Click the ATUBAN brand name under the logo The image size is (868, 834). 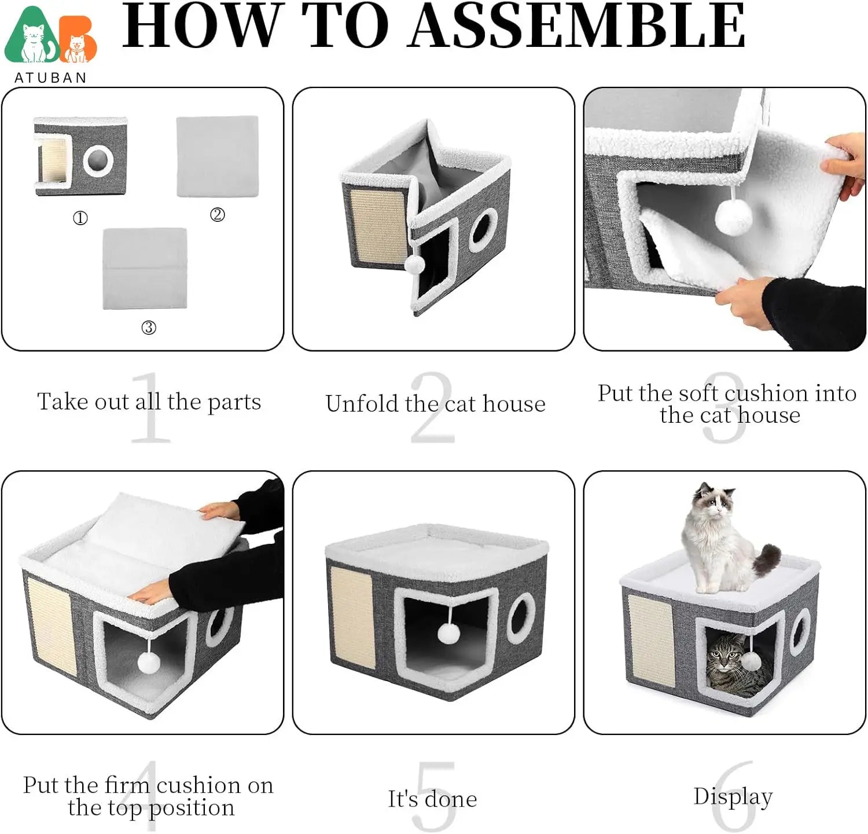[x=50, y=78]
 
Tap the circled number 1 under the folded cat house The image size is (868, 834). [x=80, y=218]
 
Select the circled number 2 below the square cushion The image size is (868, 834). [x=217, y=215]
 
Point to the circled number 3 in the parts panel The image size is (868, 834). [x=149, y=328]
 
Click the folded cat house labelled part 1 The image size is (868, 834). [x=81, y=156]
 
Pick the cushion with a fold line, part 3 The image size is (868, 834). [x=145, y=268]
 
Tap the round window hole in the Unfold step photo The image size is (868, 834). [x=483, y=231]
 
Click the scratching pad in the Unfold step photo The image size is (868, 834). [x=378, y=225]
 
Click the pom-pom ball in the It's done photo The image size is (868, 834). [x=448, y=633]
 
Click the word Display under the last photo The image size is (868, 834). [x=733, y=796]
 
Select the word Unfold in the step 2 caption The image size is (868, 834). [x=363, y=404]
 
